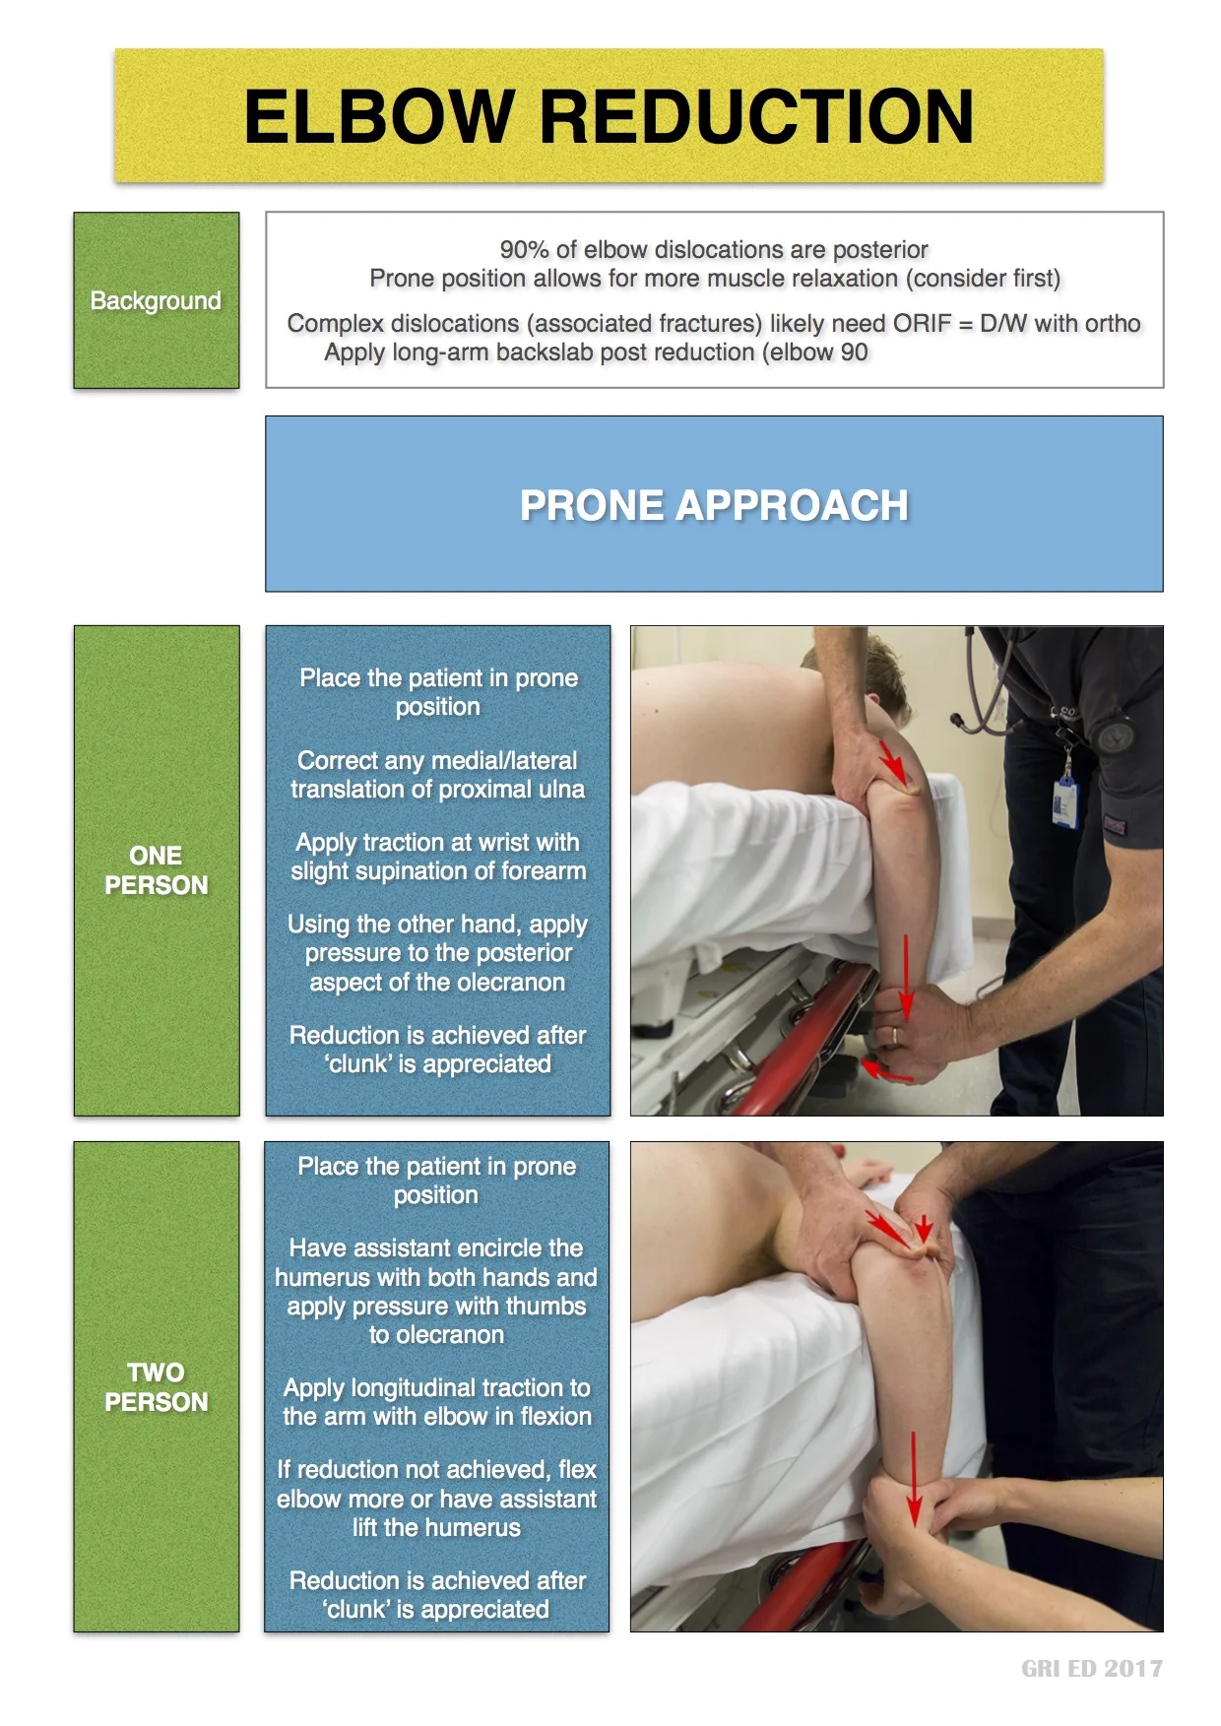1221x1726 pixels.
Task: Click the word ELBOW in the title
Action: coord(378,117)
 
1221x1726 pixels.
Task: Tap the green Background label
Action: coord(156,300)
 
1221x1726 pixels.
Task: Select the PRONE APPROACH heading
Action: coord(714,505)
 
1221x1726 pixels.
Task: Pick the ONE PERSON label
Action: coord(156,870)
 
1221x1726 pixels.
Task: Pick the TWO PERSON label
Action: coord(156,1386)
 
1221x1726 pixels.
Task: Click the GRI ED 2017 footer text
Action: coord(1091,1668)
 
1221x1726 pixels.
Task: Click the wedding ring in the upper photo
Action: coord(893,1035)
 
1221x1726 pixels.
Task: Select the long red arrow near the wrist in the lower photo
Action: coord(914,1477)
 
